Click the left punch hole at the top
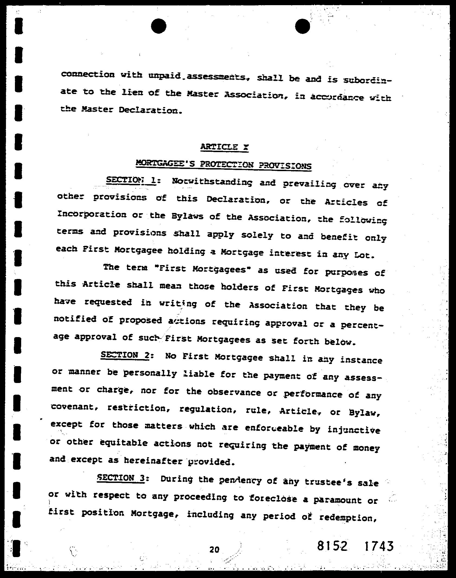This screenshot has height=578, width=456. [159, 26]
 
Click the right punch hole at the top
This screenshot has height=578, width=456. [302, 26]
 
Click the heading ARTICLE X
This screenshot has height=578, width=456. [224, 147]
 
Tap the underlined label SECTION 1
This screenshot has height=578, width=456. [131, 181]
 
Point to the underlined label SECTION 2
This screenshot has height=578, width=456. [125, 355]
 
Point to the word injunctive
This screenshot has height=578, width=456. [354, 430]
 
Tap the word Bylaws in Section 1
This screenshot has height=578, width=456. [188, 216]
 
